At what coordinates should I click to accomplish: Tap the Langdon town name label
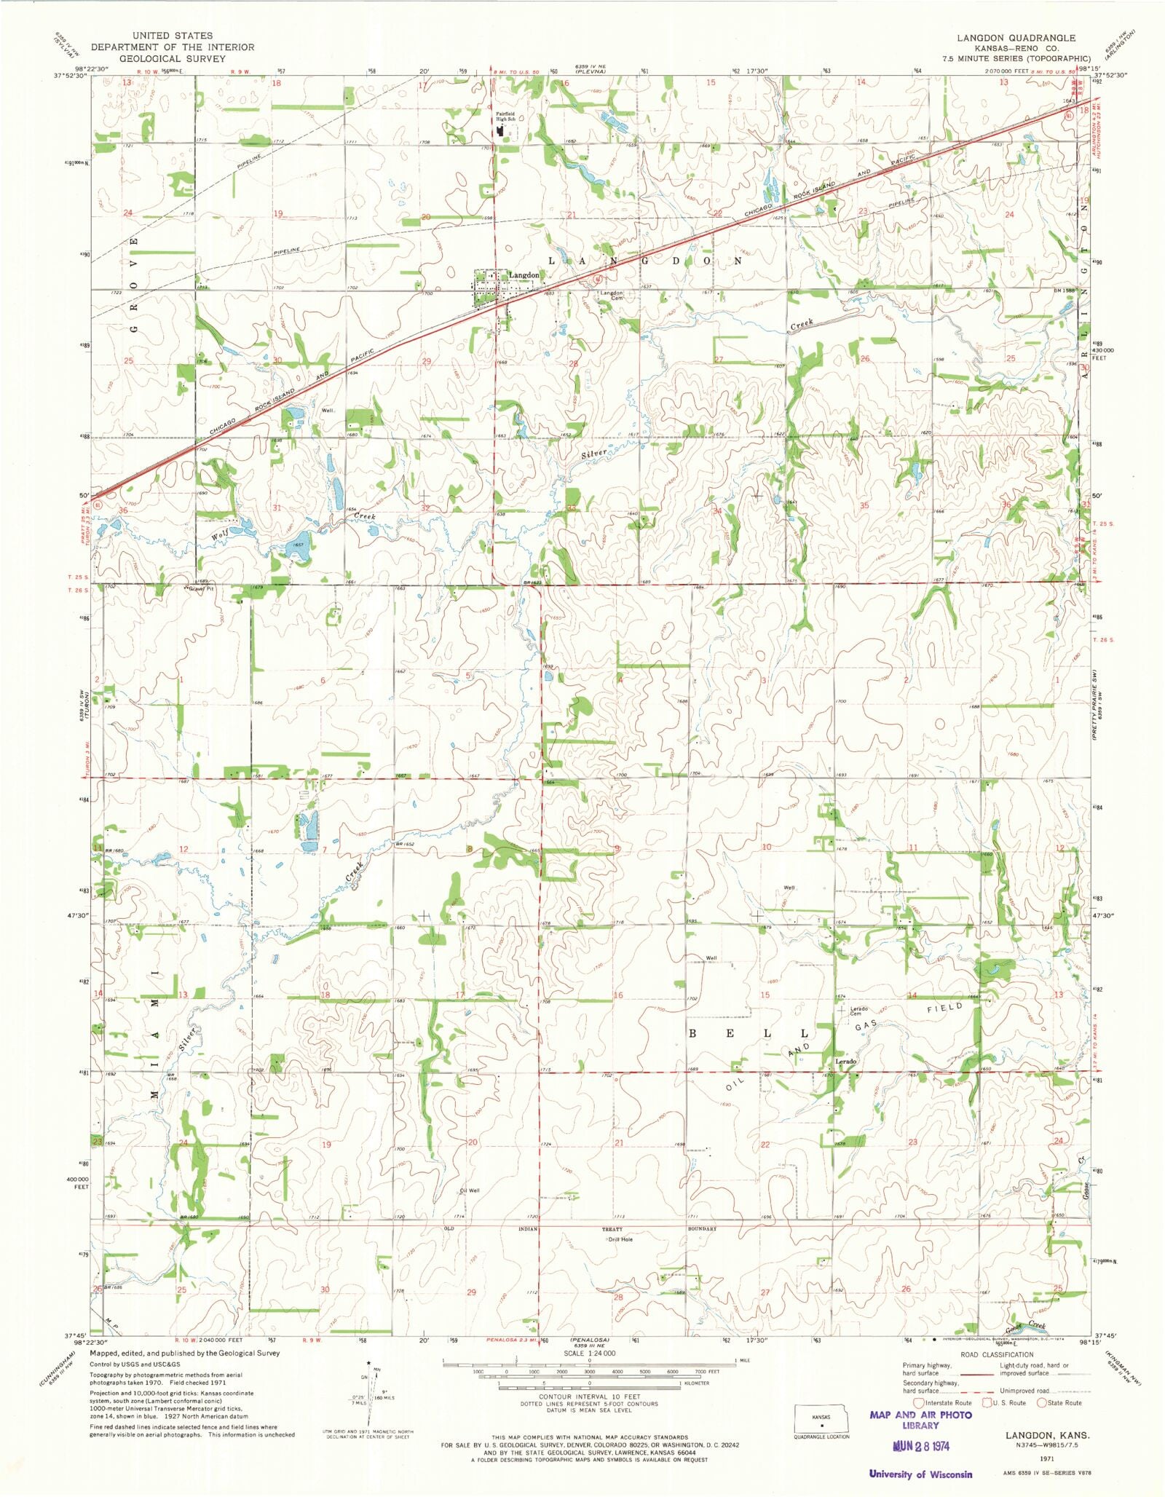click(524, 275)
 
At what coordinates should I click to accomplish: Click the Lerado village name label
click(845, 1062)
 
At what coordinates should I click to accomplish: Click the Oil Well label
click(470, 1191)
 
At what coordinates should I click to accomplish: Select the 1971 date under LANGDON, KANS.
click(1048, 1455)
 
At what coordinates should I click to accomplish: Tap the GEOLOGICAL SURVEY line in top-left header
click(172, 58)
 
